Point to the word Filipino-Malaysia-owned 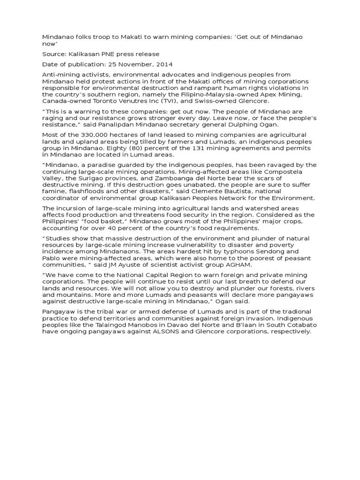[x=219, y=94]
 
